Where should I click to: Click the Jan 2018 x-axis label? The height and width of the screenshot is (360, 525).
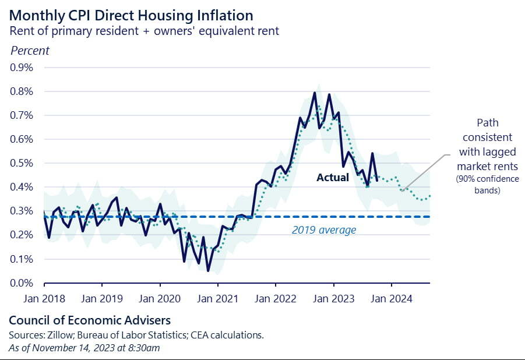44,298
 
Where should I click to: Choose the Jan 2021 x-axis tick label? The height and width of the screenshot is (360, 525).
218,298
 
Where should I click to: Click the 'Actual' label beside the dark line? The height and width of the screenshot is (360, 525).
332,177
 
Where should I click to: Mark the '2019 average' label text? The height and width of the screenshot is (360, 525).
323,230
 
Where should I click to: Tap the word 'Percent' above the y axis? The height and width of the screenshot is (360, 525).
30,50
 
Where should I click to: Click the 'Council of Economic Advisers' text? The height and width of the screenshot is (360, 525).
90,320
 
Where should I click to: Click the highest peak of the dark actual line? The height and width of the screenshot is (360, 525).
315,93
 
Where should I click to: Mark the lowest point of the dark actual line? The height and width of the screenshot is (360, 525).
208,270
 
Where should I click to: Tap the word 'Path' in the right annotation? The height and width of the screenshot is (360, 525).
487,123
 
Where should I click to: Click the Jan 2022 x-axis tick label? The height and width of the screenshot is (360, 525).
276,298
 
